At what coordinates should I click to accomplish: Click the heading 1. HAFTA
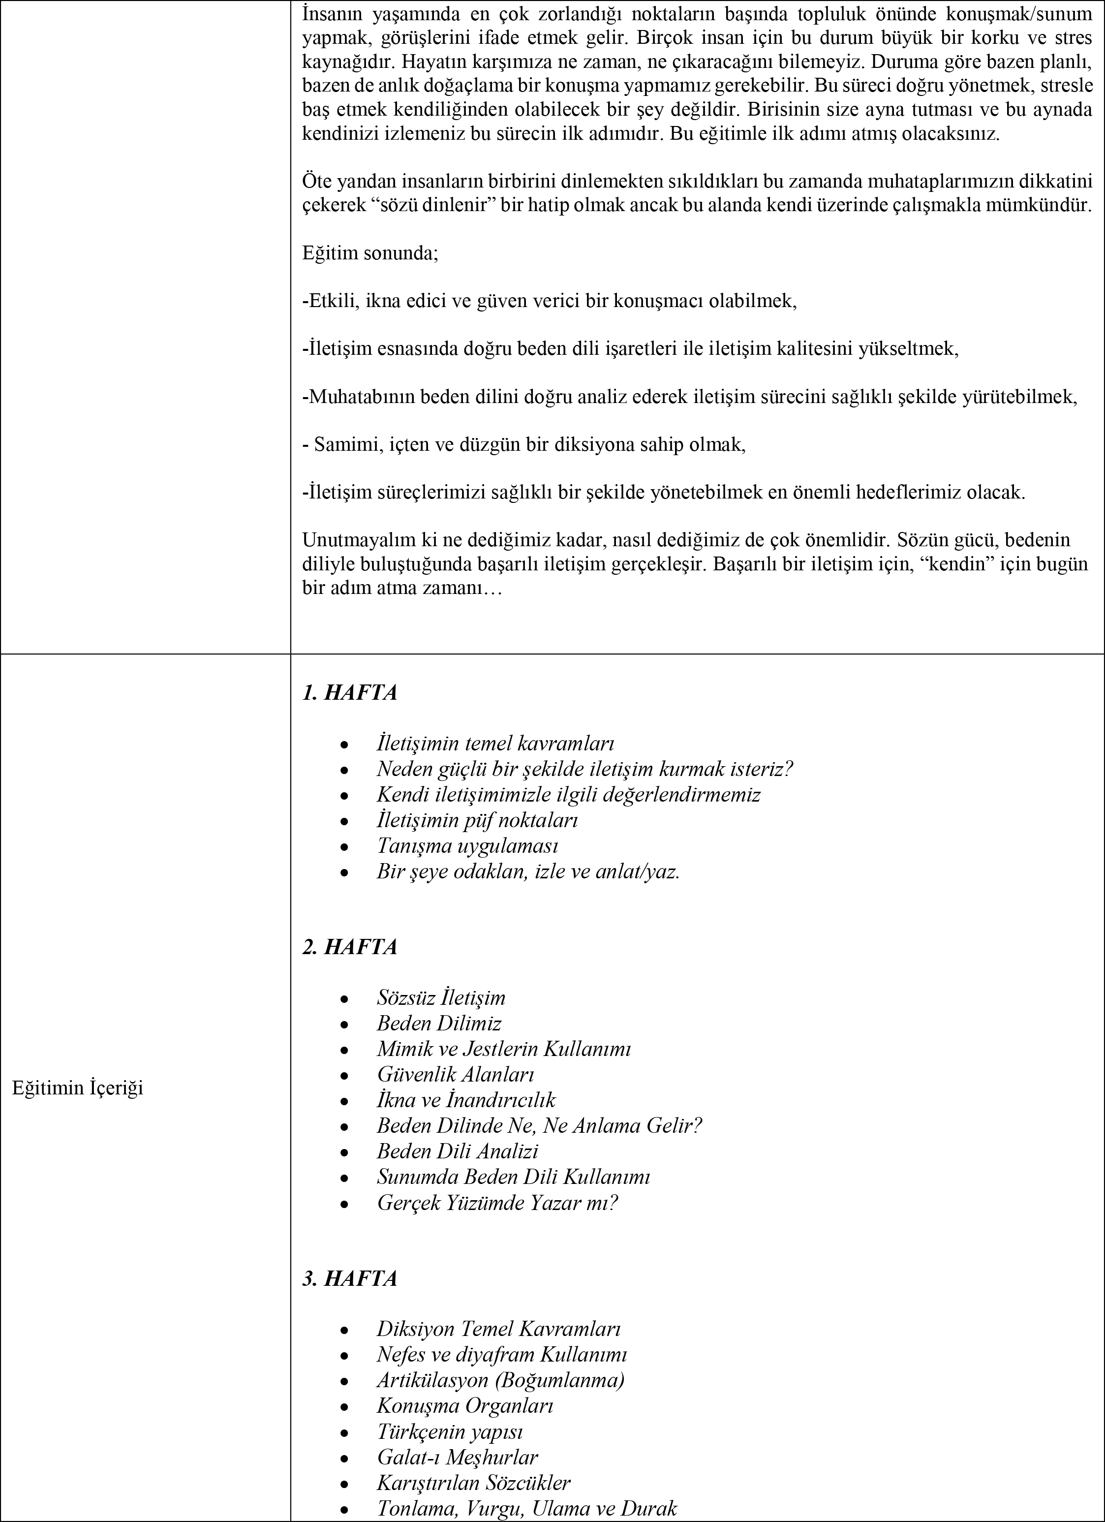pos(349,692)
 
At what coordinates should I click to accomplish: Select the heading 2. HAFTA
pos(349,947)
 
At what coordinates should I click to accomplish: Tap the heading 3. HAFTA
pos(349,1278)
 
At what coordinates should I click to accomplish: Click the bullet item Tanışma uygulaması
pos(467,845)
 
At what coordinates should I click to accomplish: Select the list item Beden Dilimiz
pos(439,1024)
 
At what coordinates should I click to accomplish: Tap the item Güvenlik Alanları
pos(456,1074)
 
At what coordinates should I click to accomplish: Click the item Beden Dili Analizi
pos(458,1151)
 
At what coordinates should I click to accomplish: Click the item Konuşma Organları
pos(465,1405)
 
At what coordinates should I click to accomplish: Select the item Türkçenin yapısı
pos(450,1431)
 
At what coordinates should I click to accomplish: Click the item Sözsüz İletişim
pos(441,998)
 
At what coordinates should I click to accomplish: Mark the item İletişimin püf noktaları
pos(477,820)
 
